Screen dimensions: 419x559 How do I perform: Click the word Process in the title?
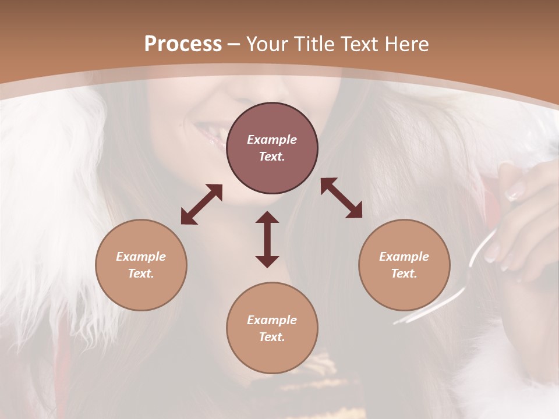(183, 44)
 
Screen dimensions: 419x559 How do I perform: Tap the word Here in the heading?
(407, 44)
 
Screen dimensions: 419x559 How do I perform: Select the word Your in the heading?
(269, 44)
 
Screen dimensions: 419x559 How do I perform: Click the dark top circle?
(272, 122)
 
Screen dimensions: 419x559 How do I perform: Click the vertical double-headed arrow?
(267, 239)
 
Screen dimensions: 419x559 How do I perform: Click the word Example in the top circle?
(272, 140)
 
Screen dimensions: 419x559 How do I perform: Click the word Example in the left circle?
(141, 257)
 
